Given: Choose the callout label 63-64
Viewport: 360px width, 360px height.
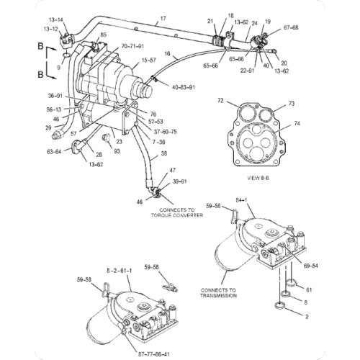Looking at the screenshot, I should point(54,151).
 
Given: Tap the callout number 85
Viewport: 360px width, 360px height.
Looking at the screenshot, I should point(104,35).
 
